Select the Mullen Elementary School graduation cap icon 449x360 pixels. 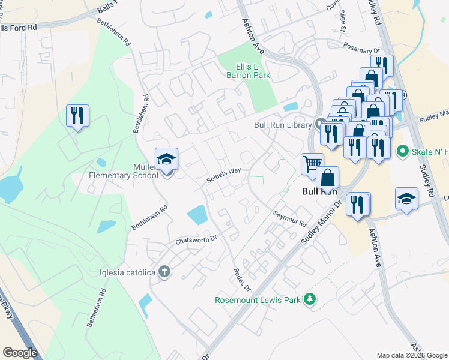coord(166,159)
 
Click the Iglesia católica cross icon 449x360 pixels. coord(164,272)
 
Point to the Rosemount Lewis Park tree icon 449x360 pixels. coord(310,298)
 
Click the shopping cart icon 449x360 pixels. coord(312,164)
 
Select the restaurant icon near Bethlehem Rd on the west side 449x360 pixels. coord(78,115)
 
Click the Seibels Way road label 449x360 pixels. coord(224,175)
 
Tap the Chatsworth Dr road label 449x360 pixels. coord(195,240)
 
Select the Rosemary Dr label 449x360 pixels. coord(362,48)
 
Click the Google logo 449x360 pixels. coord(20,353)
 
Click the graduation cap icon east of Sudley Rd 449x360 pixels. coord(406,199)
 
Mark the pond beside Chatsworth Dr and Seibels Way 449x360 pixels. coord(197,214)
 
